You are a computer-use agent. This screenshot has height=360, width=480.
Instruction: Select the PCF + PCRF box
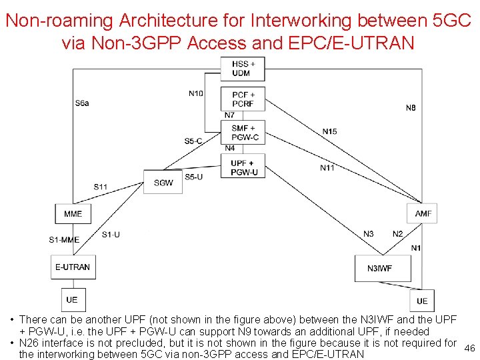coord(243,99)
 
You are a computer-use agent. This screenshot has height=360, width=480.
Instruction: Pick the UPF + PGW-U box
coord(243,167)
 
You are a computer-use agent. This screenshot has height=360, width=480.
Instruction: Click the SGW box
coord(163,182)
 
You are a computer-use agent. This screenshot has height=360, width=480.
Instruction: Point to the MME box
coord(73,213)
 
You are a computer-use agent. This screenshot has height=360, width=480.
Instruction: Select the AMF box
coord(423,213)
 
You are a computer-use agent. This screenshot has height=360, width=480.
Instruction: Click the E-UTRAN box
coord(73,267)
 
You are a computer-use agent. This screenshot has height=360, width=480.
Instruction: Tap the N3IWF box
coord(379,268)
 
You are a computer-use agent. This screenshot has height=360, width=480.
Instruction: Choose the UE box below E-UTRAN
coord(72,299)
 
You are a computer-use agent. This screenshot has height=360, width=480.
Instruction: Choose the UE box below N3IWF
coord(422,301)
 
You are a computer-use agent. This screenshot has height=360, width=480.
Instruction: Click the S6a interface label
coord(82,103)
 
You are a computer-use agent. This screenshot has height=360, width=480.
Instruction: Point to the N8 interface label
coord(411,107)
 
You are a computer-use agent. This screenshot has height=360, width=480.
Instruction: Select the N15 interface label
coord(329,131)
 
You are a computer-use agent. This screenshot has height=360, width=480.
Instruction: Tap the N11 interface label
coord(327,167)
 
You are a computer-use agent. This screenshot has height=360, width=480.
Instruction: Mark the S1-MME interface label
coord(64,239)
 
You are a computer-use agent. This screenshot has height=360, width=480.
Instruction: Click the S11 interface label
coord(100,187)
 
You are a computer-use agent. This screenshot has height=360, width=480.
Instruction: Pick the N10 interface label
coord(195,93)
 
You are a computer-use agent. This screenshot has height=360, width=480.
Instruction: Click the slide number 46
coord(469,348)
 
